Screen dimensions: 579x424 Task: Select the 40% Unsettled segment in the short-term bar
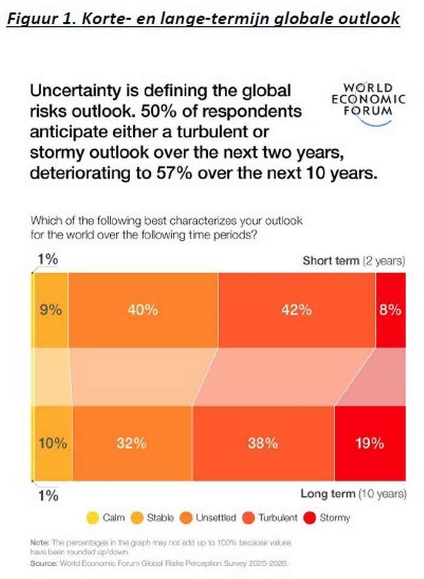click(142, 309)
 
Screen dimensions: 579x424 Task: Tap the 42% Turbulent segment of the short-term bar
click(296, 309)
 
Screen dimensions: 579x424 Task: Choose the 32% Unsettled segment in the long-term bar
click(131, 443)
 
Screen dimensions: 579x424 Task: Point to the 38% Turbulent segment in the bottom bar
click(262, 443)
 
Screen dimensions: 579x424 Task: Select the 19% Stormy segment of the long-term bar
click(369, 443)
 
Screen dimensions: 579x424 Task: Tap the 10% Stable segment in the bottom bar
click(51, 443)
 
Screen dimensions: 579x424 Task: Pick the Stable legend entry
click(153, 518)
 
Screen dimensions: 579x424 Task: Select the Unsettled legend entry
click(209, 518)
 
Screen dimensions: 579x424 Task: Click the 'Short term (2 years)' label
click(354, 261)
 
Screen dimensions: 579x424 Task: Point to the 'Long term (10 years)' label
click(353, 494)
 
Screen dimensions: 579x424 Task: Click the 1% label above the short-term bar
click(48, 259)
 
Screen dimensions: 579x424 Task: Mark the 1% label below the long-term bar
click(48, 495)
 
